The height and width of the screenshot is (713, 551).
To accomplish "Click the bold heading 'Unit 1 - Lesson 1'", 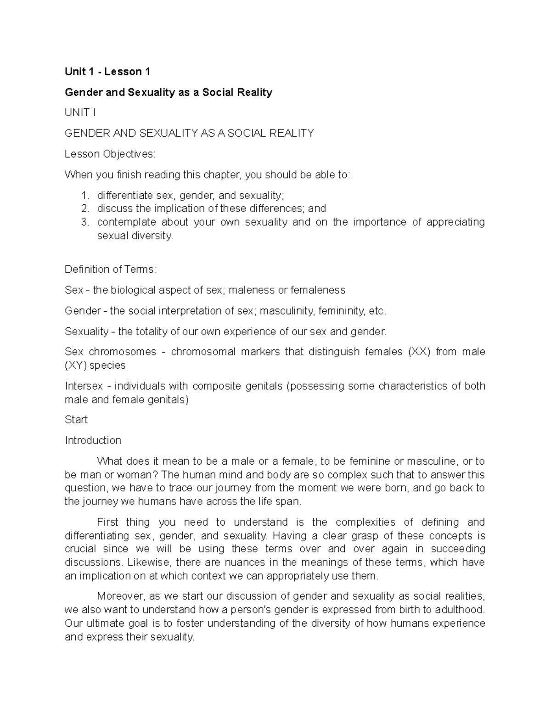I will [x=107, y=72].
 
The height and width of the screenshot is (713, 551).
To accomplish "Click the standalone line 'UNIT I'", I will [x=80, y=112].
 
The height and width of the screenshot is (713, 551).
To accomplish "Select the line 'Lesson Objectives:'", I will [x=110, y=154].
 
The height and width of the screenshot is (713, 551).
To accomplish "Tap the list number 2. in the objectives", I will [x=85, y=208].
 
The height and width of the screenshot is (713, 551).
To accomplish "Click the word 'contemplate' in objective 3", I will [x=124, y=222].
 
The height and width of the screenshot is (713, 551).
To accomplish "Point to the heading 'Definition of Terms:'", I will [x=111, y=269].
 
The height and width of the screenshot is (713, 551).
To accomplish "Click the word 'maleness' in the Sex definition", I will [x=251, y=290].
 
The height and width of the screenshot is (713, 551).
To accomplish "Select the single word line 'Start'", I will [x=76, y=420].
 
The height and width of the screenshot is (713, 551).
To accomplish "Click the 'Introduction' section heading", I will [x=93, y=440].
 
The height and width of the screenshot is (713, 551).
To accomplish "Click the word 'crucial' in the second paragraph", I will [x=80, y=549].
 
